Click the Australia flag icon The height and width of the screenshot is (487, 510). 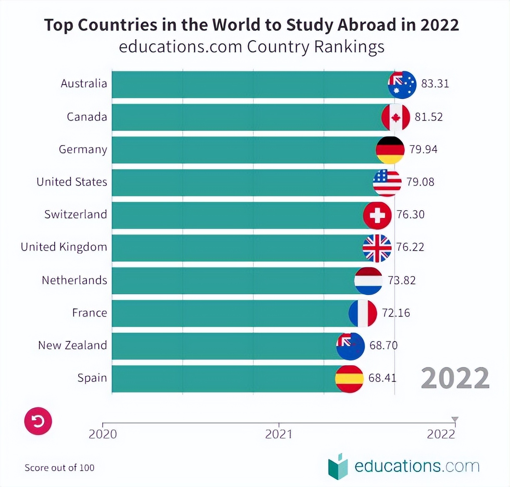click(402, 85)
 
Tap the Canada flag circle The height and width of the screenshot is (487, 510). click(396, 117)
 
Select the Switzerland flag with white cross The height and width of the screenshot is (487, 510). click(377, 215)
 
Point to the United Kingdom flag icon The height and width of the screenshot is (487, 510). click(377, 248)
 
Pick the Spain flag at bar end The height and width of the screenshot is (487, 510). click(349, 379)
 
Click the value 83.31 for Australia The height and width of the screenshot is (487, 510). click(435, 84)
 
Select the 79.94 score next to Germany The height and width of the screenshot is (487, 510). click(423, 149)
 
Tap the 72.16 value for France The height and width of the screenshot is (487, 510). click(396, 313)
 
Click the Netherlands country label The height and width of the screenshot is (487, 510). click(74, 280)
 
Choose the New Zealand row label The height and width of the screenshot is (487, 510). click(72, 345)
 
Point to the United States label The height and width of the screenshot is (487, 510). click(72, 182)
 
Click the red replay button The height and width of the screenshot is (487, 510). click(38, 421)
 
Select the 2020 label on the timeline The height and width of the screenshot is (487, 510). click(102, 434)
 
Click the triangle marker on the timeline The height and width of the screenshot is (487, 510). click(455, 419)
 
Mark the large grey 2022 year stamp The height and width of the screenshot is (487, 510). click(455, 378)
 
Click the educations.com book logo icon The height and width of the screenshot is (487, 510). click(338, 466)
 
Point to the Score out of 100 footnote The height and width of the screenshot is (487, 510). click(60, 468)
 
